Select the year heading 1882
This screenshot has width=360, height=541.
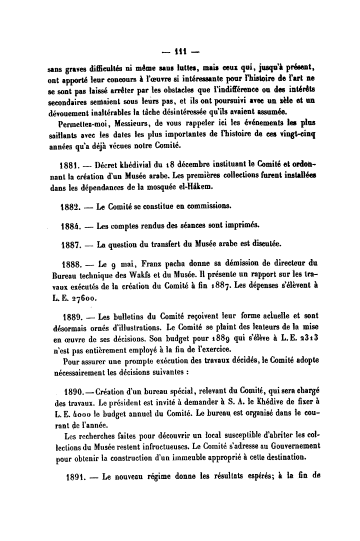click(x=69, y=205)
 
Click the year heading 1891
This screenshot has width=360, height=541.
click(x=77, y=476)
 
